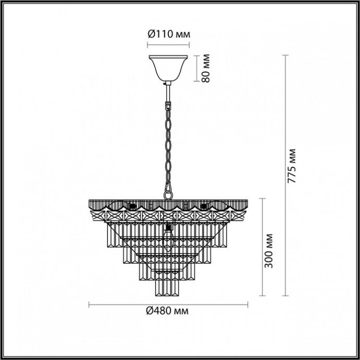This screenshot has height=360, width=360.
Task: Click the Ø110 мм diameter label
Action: coord(168,34)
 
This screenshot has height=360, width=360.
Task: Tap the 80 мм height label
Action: coord(206,67)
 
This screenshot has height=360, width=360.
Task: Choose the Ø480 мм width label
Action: coord(168,311)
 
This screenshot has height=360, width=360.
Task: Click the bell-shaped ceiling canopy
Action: coord(168,67)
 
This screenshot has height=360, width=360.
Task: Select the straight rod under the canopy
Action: coord(168,91)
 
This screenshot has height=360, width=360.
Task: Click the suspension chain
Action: coord(168,141)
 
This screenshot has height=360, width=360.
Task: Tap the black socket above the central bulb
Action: coord(168,227)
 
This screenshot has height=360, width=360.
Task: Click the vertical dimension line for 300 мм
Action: coord(261,245)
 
